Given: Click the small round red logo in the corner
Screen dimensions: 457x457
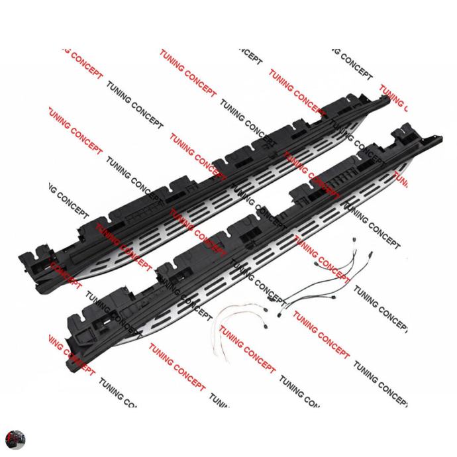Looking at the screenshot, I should pos(15,439).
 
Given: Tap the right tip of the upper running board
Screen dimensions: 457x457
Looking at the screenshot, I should pos(387,99).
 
